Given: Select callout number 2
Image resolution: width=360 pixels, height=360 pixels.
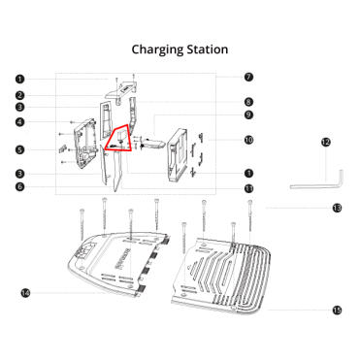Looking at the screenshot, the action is click(x=20, y=95).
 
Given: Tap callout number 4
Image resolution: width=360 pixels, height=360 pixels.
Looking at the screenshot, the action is click(x=20, y=122).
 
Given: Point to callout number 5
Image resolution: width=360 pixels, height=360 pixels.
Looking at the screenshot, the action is click(x=20, y=149).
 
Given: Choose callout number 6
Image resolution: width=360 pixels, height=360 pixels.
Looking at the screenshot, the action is click(x=20, y=186).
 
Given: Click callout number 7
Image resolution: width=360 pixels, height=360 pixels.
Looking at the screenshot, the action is click(x=248, y=78).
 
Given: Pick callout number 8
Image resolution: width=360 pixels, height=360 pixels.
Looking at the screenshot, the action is click(x=248, y=102).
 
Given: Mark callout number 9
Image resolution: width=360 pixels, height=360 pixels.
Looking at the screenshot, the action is click(x=248, y=115).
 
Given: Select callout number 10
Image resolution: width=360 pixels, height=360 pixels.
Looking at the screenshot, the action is click(x=248, y=140).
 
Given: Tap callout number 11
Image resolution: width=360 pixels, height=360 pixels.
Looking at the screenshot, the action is click(x=248, y=189).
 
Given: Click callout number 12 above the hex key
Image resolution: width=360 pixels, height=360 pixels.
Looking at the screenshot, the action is click(x=326, y=142).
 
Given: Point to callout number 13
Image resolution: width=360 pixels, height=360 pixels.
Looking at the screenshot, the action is click(x=337, y=208).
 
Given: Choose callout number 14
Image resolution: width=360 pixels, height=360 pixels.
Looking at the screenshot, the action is click(x=25, y=293).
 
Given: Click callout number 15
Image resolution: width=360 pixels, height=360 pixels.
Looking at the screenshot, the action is click(x=337, y=311).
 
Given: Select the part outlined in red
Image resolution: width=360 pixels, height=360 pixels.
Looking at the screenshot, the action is click(x=120, y=139).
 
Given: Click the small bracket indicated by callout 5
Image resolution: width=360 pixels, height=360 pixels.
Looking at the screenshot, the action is click(x=62, y=149).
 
